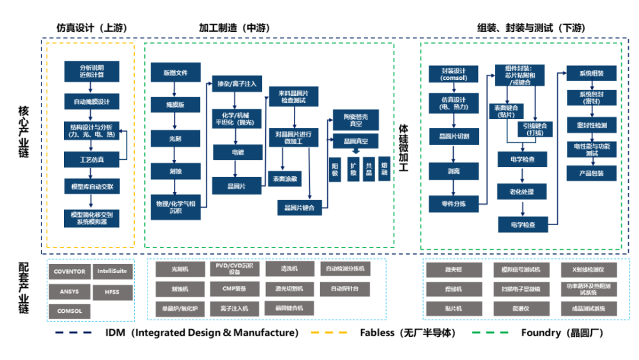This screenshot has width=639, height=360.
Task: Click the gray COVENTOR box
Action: [70, 272]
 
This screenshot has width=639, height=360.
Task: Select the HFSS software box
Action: [112, 292]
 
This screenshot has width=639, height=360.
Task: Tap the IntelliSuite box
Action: [112, 272]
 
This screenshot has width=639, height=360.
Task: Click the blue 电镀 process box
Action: [237, 152]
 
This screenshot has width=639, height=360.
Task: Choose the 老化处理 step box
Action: [523, 191]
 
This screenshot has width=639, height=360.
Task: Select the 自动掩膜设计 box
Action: [91, 102]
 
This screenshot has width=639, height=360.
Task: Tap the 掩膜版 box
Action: [176, 104]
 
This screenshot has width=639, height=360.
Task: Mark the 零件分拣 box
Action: [454, 205]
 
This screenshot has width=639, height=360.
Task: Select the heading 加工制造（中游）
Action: [234, 28]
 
